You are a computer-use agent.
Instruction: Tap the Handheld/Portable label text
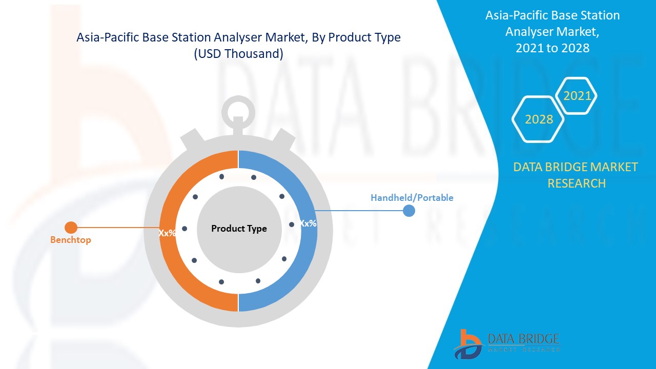tap(412, 198)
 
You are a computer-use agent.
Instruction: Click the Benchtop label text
tap(70, 240)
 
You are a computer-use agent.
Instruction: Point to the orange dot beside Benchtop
tap(71, 228)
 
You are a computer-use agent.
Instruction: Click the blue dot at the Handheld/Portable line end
tap(408, 211)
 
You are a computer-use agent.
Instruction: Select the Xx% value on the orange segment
tap(167, 233)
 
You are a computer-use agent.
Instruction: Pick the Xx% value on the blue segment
tap(308, 223)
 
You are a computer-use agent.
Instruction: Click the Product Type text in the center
tap(239, 229)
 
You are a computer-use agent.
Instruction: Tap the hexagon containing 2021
tap(577, 96)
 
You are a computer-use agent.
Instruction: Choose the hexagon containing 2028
tap(539, 119)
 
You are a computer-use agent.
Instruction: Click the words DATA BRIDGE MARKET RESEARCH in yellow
tap(576, 175)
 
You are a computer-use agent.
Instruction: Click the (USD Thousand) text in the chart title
tap(238, 54)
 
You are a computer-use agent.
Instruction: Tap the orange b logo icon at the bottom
tap(467, 344)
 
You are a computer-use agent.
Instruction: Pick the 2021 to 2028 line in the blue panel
tap(552, 48)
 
